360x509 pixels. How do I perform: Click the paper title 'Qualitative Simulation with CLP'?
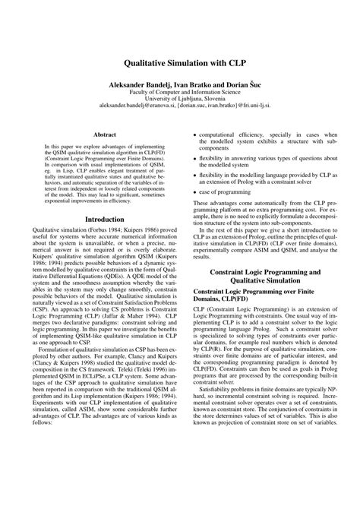point(180,65)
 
